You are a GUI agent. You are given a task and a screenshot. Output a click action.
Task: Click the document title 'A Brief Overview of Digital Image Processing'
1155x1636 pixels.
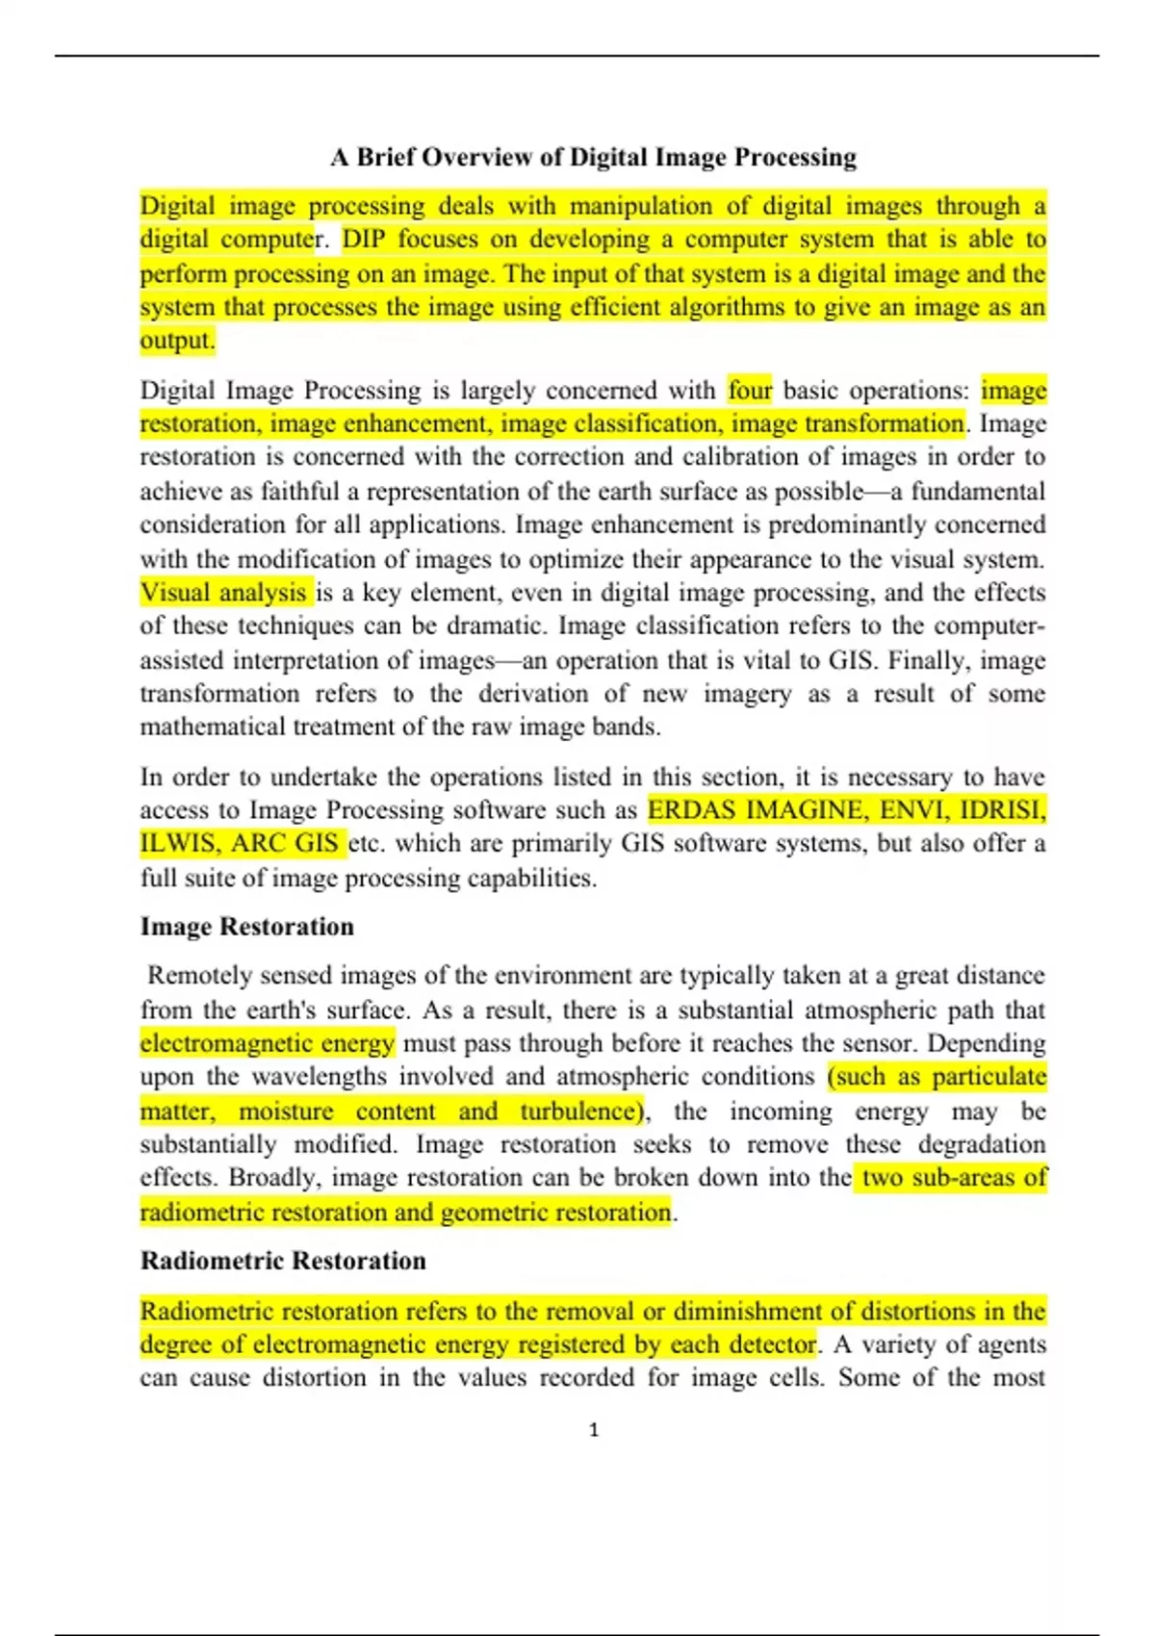tap(593, 157)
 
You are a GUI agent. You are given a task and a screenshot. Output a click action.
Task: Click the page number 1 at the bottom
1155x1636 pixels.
tap(593, 1430)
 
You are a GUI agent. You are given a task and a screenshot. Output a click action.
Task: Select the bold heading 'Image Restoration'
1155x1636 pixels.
tap(247, 927)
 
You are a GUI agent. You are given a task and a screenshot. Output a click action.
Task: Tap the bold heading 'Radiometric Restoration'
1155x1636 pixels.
tap(283, 1261)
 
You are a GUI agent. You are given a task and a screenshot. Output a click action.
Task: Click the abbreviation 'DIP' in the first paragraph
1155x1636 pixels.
tap(364, 240)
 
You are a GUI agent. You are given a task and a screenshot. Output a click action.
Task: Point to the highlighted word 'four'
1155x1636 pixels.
tap(750, 391)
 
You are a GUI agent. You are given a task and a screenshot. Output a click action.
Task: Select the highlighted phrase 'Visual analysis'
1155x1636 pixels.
tap(224, 593)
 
